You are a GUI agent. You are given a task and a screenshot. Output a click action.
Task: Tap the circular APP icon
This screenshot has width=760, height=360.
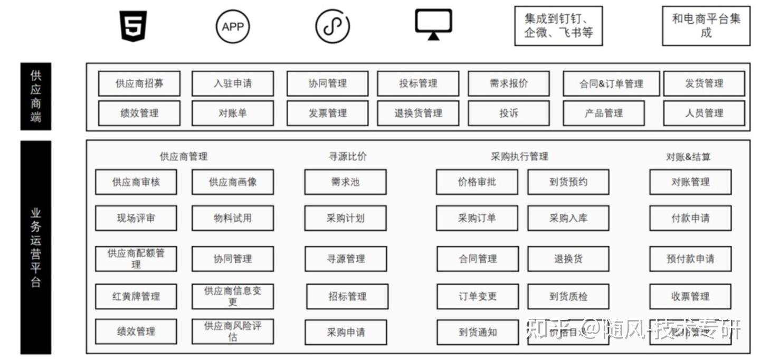(232, 26)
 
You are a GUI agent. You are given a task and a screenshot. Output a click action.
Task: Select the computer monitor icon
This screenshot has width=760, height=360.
(433, 24)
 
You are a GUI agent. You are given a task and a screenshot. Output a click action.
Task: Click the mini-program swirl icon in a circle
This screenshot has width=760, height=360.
(332, 26)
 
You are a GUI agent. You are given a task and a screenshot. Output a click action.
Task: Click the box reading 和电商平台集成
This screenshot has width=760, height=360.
(706, 26)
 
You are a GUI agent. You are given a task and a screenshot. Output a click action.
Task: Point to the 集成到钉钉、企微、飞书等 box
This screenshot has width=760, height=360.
(558, 26)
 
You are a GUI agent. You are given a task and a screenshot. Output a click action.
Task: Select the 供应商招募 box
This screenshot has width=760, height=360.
(139, 83)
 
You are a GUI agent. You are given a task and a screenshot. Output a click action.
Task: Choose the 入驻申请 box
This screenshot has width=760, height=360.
(232, 83)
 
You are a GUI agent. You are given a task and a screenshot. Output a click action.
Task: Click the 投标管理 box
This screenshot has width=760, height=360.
(418, 83)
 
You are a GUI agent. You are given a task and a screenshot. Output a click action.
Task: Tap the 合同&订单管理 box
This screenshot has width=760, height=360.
(611, 83)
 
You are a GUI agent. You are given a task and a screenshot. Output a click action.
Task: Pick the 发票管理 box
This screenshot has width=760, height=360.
(328, 113)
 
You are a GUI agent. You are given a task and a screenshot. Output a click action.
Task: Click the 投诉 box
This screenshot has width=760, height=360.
(509, 113)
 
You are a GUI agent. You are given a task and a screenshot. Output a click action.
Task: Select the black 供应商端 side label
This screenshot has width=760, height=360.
(36, 96)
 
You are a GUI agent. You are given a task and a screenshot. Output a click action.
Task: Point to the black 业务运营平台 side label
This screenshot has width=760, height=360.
(36, 247)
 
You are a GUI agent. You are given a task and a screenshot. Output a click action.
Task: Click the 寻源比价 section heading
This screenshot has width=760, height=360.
(347, 156)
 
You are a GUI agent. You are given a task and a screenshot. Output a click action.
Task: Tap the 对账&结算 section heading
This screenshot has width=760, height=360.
(688, 157)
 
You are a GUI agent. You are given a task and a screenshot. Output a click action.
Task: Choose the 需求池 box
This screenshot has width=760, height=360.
(345, 182)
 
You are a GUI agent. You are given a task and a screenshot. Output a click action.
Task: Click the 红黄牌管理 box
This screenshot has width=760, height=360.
(136, 296)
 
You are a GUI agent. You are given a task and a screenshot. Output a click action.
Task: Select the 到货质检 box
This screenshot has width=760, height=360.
(568, 296)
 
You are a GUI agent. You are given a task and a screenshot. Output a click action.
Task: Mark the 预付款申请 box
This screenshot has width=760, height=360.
(690, 259)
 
